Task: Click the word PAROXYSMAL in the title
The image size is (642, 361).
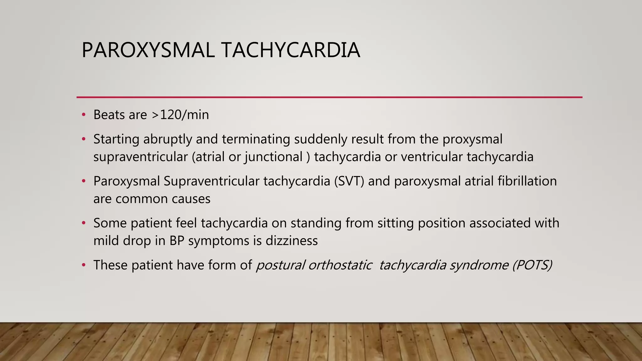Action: point(148,50)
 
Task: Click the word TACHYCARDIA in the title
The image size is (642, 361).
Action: point(291,50)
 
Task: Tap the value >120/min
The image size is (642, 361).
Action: point(180,115)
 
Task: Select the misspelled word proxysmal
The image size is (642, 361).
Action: point(472,139)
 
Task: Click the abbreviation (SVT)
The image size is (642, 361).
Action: point(349,181)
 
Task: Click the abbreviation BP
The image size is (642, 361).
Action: point(177,241)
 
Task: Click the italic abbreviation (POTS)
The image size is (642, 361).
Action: point(532,265)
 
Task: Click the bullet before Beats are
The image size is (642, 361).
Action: point(83,115)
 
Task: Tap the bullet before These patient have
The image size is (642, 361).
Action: point(83,265)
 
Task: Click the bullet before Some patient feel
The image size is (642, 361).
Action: point(83,223)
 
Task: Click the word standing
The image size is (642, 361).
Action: point(316,223)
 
